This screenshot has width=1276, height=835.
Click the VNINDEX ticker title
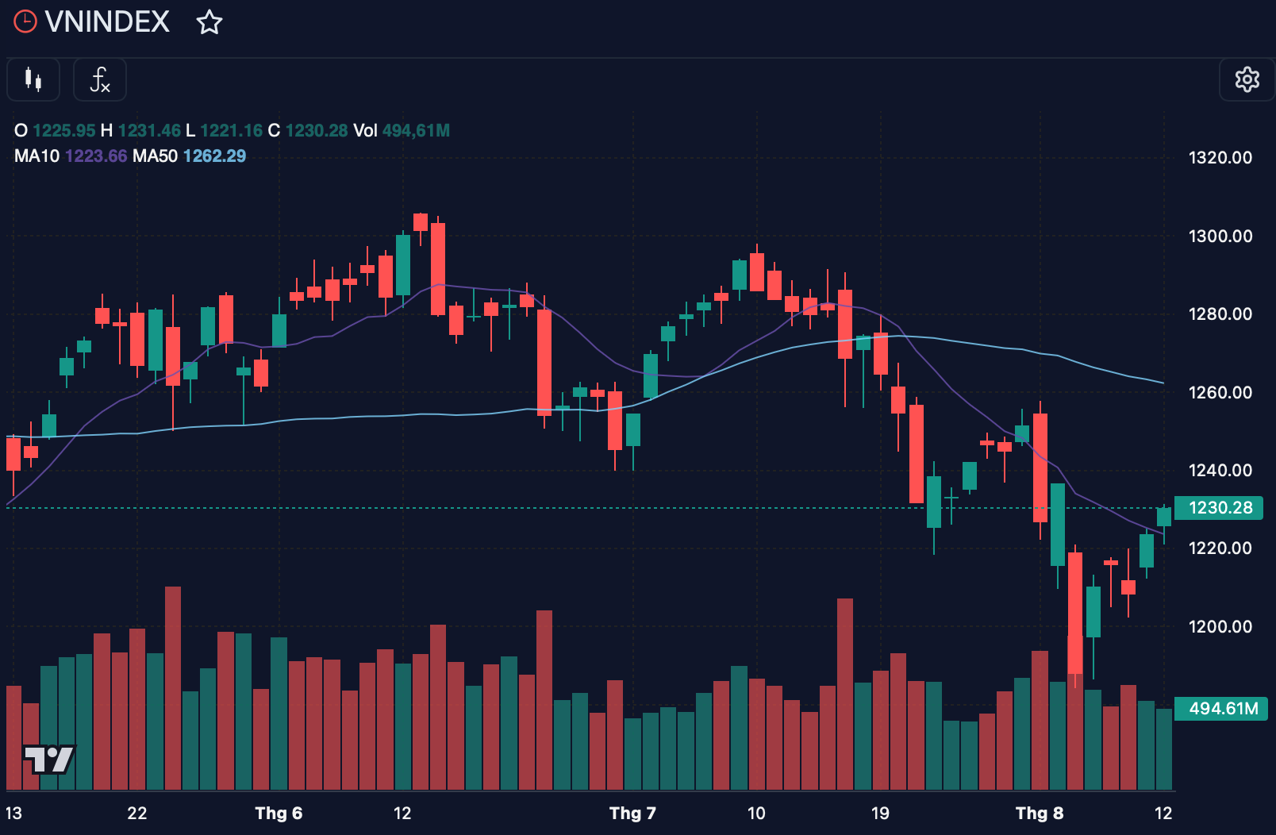tap(107, 21)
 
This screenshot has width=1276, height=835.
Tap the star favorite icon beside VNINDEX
tap(209, 22)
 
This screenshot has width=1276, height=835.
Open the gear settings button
tap(1247, 79)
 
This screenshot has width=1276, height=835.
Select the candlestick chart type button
tap(33, 79)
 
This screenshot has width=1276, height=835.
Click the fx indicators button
tap(100, 79)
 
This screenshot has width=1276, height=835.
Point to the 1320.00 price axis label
tap(1220, 157)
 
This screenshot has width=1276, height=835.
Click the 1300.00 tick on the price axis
tap(1220, 236)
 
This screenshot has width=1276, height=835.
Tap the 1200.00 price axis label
tap(1220, 626)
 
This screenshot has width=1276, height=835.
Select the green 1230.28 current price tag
tap(1218, 507)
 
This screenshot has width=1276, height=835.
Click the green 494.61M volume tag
tap(1220, 709)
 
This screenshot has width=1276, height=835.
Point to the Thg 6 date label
tap(279, 813)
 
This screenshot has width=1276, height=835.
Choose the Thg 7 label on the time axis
tap(633, 813)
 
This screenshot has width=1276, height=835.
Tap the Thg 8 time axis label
tap(1040, 813)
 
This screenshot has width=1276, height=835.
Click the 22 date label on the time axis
tap(136, 813)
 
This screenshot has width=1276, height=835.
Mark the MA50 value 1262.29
tap(215, 156)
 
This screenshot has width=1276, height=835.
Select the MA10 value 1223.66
tap(96, 156)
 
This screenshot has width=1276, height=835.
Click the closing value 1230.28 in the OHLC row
tap(317, 130)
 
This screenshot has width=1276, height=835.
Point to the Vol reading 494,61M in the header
tap(416, 130)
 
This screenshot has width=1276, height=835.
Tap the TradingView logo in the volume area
tap(49, 759)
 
